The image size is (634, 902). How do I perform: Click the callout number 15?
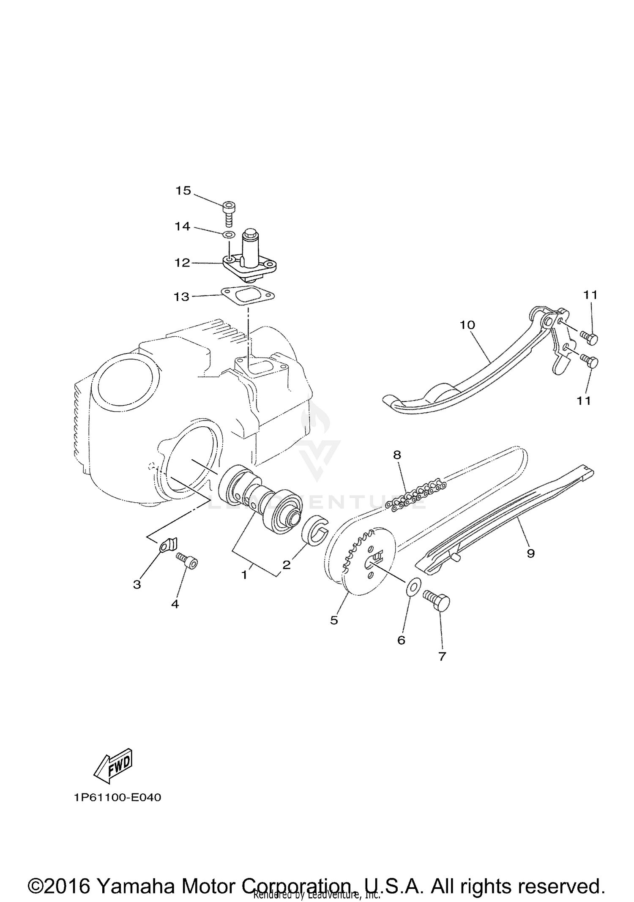[x=183, y=191]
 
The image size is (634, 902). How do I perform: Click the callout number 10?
[x=467, y=325]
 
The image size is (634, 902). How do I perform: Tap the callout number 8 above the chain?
[x=397, y=455]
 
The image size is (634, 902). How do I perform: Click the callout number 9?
[x=531, y=553]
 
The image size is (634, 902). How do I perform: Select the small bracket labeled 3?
[x=168, y=545]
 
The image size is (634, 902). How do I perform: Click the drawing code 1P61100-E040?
[x=118, y=798]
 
